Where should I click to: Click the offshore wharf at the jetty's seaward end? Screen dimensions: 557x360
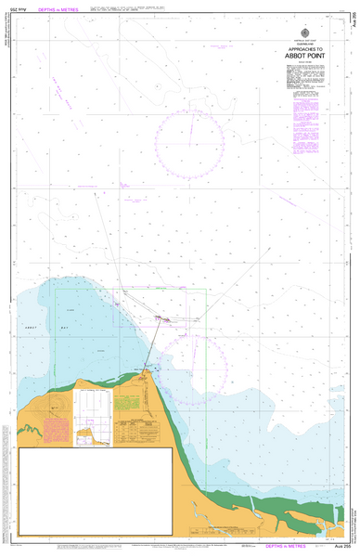pyautogui.click(x=164, y=320)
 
